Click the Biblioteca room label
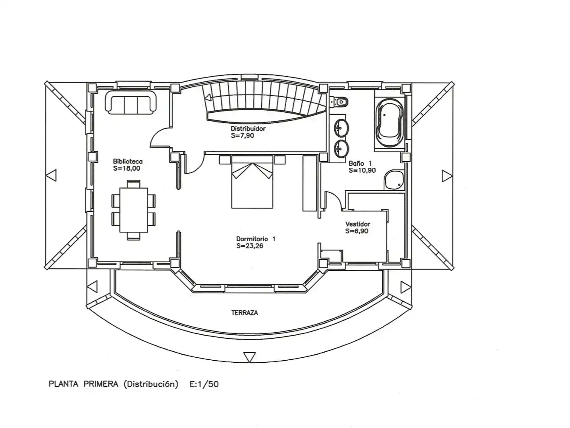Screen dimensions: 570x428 click(x=127, y=161)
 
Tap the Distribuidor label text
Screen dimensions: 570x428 click(x=248, y=128)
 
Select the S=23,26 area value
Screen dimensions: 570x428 click(x=249, y=246)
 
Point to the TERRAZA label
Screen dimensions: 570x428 click(x=245, y=313)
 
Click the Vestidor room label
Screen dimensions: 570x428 click(x=357, y=224)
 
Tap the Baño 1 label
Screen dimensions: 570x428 click(x=360, y=163)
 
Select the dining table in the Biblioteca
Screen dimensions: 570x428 click(x=133, y=210)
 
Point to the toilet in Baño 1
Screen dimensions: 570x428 click(x=339, y=102)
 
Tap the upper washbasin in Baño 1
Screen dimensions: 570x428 click(x=340, y=128)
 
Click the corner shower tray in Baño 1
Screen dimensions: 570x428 click(x=394, y=180)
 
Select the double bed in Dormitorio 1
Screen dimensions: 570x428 click(x=252, y=182)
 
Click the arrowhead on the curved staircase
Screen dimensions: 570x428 click(x=208, y=98)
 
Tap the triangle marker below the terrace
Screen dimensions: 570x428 click(x=249, y=357)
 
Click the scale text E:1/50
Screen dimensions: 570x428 click(x=204, y=384)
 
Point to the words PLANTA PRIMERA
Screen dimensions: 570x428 click(x=83, y=384)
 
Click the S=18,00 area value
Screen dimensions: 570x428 click(x=127, y=168)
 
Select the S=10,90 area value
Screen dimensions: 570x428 click(x=362, y=170)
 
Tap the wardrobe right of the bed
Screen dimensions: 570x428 click(x=310, y=183)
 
